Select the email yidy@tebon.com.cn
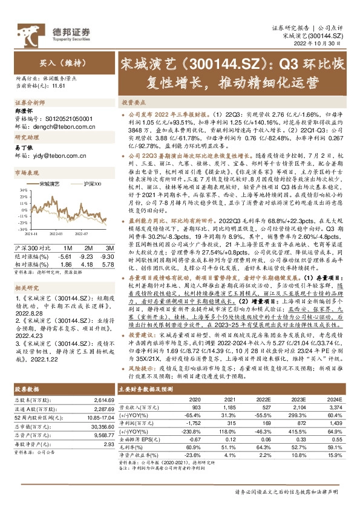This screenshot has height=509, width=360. point(57,155)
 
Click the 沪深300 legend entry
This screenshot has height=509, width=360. point(91,183)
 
